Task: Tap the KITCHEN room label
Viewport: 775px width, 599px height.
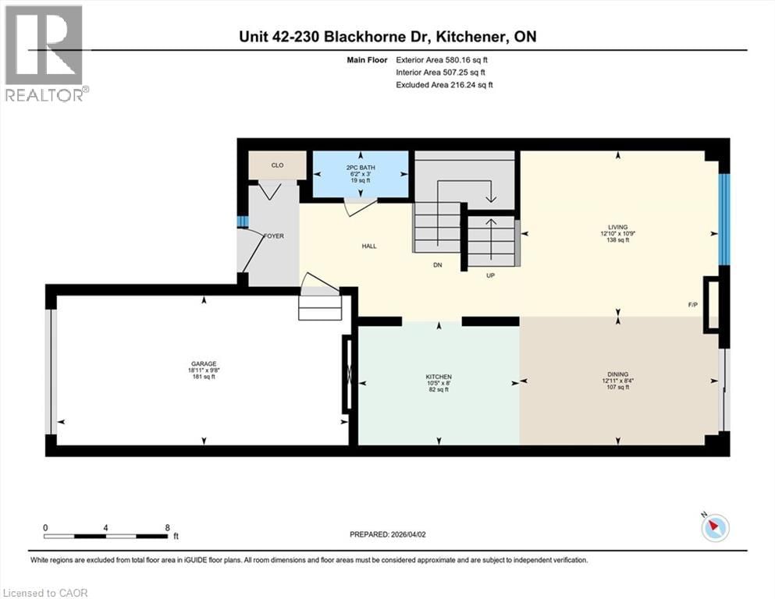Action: coord(438,376)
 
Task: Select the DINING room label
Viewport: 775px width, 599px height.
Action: coord(619,374)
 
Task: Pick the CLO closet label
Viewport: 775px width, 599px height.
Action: coord(277,165)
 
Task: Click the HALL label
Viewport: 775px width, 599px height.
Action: coord(369,246)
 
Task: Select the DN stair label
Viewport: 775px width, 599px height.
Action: coord(439,265)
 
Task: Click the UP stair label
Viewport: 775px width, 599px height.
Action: coord(491,275)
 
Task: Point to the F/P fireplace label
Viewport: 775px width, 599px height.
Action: coord(692,305)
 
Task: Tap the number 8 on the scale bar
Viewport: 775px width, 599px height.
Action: coord(168,527)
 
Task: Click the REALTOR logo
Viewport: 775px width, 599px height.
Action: coord(44,53)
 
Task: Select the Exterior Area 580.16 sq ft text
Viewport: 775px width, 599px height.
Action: coord(444,59)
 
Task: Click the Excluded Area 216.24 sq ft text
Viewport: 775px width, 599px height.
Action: coord(444,84)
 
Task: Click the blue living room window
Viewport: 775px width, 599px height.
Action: coord(724,219)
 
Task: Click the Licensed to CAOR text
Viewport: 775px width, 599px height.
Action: coord(45,593)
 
